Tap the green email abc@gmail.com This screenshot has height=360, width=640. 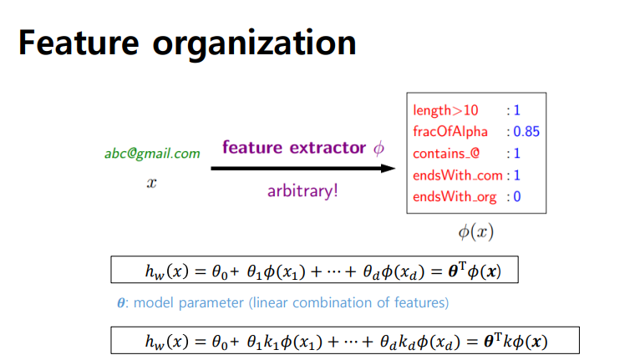[152, 154]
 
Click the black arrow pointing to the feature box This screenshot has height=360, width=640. [302, 169]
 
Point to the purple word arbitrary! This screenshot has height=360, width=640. [302, 190]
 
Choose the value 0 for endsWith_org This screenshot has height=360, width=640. [517, 197]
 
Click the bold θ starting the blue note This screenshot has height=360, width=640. [122, 302]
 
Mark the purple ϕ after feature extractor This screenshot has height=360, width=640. [378, 149]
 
